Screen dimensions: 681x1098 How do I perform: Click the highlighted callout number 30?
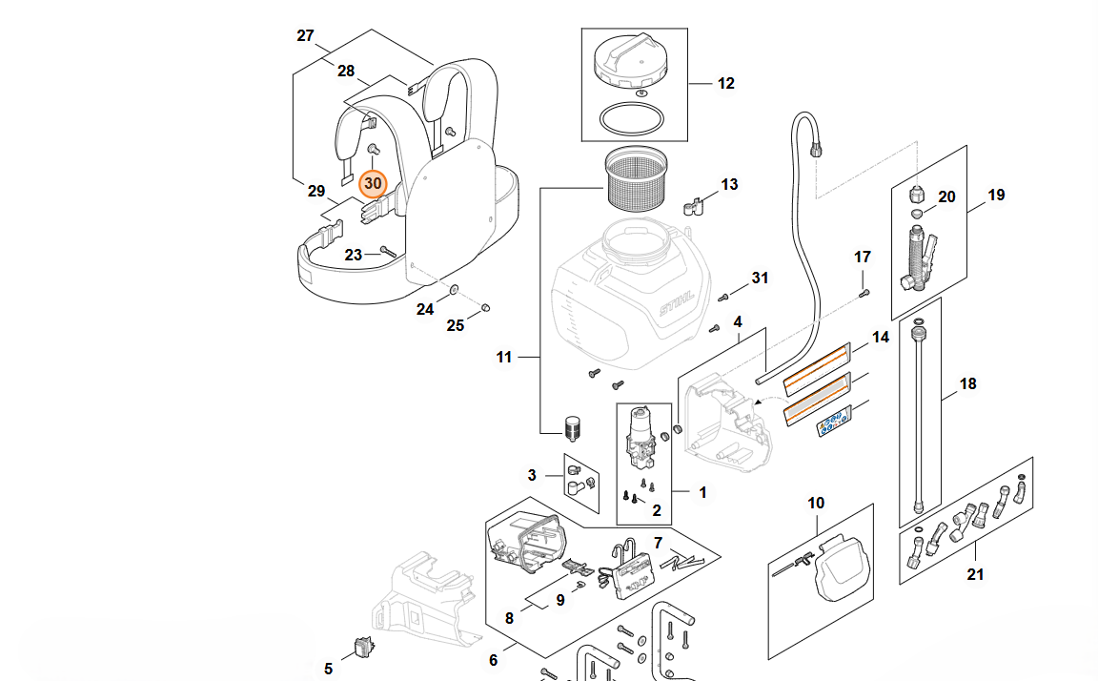click(373, 182)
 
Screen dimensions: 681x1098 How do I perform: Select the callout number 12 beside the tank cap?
click(726, 84)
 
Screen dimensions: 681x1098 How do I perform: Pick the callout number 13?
click(729, 184)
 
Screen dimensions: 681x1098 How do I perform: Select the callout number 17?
click(863, 257)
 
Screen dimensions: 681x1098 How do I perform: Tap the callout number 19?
click(996, 196)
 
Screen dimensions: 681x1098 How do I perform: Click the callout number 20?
click(946, 196)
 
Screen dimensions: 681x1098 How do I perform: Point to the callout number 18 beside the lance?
click(968, 384)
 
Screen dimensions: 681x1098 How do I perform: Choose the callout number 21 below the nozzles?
click(975, 574)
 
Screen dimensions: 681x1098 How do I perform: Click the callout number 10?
click(816, 503)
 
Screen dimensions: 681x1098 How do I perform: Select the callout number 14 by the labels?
click(880, 338)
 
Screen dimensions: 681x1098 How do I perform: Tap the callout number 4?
click(738, 323)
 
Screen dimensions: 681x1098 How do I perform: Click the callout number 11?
click(504, 358)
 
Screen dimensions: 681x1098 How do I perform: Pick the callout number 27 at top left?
click(305, 36)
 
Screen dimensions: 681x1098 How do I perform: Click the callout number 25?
click(456, 326)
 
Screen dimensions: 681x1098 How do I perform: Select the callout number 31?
click(760, 278)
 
